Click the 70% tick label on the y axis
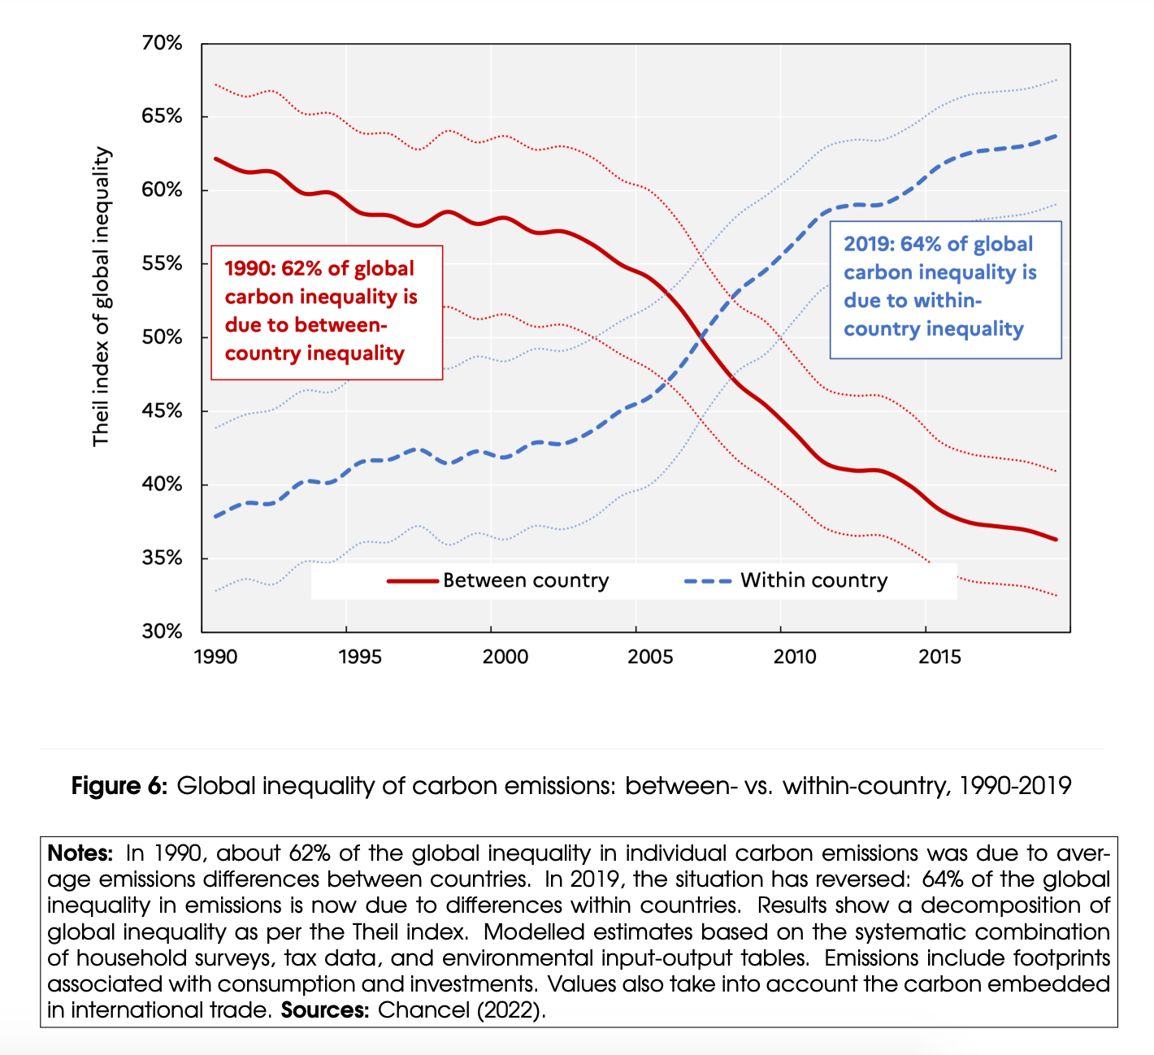pos(162,43)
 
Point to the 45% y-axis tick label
pos(162,411)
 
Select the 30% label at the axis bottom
pos(162,632)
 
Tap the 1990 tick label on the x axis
pos(215,657)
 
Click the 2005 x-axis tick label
pos(650,657)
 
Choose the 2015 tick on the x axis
pos(939,657)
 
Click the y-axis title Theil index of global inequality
pos(101,297)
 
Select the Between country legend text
pos(525,580)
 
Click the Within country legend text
pos(813,580)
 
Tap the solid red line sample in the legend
pos(413,581)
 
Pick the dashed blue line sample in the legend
pos(709,581)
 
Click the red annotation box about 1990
pos(327,312)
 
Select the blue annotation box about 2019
pos(945,289)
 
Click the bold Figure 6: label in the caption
pos(119,786)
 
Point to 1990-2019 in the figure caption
pos(1015,786)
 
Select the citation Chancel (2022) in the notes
pos(461,1010)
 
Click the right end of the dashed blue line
pos(1055,136)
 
